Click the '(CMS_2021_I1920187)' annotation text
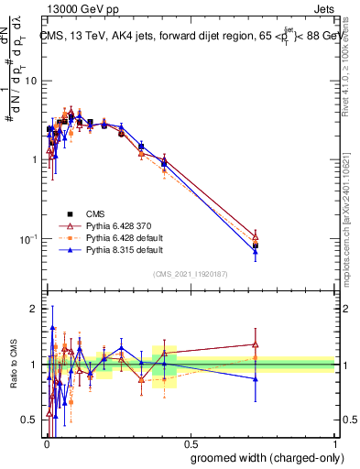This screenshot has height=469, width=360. pyautogui.click(x=190, y=273)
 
